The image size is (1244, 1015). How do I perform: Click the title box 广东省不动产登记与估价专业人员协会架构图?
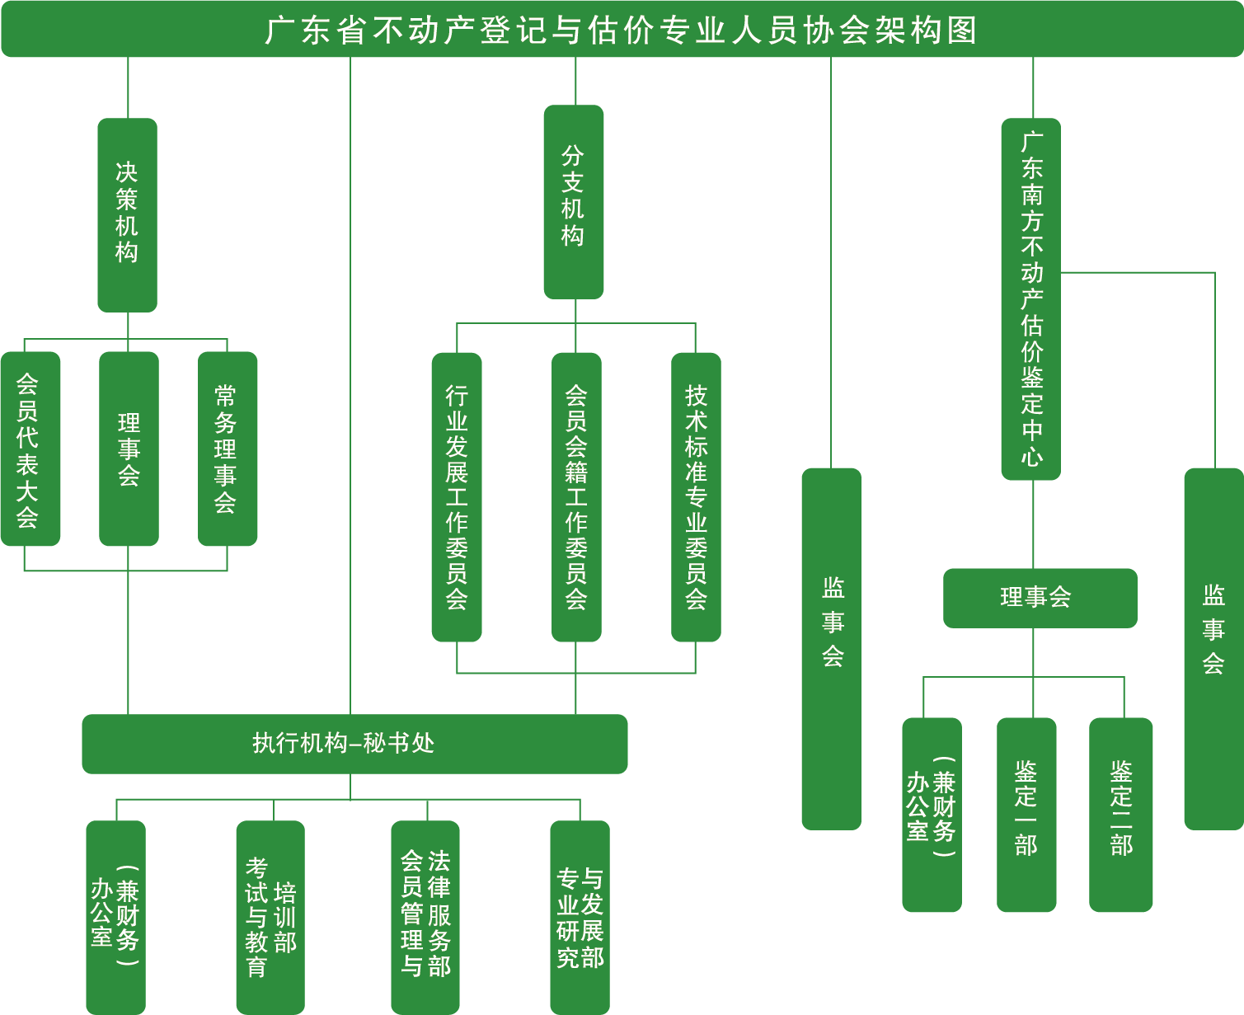coord(622,30)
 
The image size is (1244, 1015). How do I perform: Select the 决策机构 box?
coord(127,214)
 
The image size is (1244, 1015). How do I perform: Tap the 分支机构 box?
coord(574,201)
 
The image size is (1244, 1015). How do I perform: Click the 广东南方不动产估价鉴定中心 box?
coord(1030,298)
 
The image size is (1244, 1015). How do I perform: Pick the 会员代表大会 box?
coord(30,449)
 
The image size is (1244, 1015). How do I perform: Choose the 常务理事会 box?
coord(228,449)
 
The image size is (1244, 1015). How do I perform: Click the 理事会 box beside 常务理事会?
coord(129,449)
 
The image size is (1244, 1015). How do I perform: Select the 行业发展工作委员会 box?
coord(457,496)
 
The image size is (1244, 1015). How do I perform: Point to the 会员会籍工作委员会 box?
coord(576,496)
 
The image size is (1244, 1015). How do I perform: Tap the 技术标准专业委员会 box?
coord(696,496)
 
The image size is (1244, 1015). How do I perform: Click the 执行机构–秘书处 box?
coord(354,744)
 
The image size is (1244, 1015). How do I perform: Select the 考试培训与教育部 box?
coord(270,917)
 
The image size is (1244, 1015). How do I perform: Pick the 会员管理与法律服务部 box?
coord(425,917)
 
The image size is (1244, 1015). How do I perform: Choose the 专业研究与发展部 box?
coord(580,917)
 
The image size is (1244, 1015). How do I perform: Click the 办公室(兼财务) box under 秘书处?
coord(116,917)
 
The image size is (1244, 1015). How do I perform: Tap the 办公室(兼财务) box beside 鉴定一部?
coord(932,814)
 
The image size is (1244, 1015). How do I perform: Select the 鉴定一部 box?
coord(1026,814)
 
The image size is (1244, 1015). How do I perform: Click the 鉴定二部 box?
coord(1121,814)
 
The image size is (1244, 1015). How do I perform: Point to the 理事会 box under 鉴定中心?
coord(1040,598)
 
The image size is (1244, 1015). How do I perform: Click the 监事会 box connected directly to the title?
coord(831,648)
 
